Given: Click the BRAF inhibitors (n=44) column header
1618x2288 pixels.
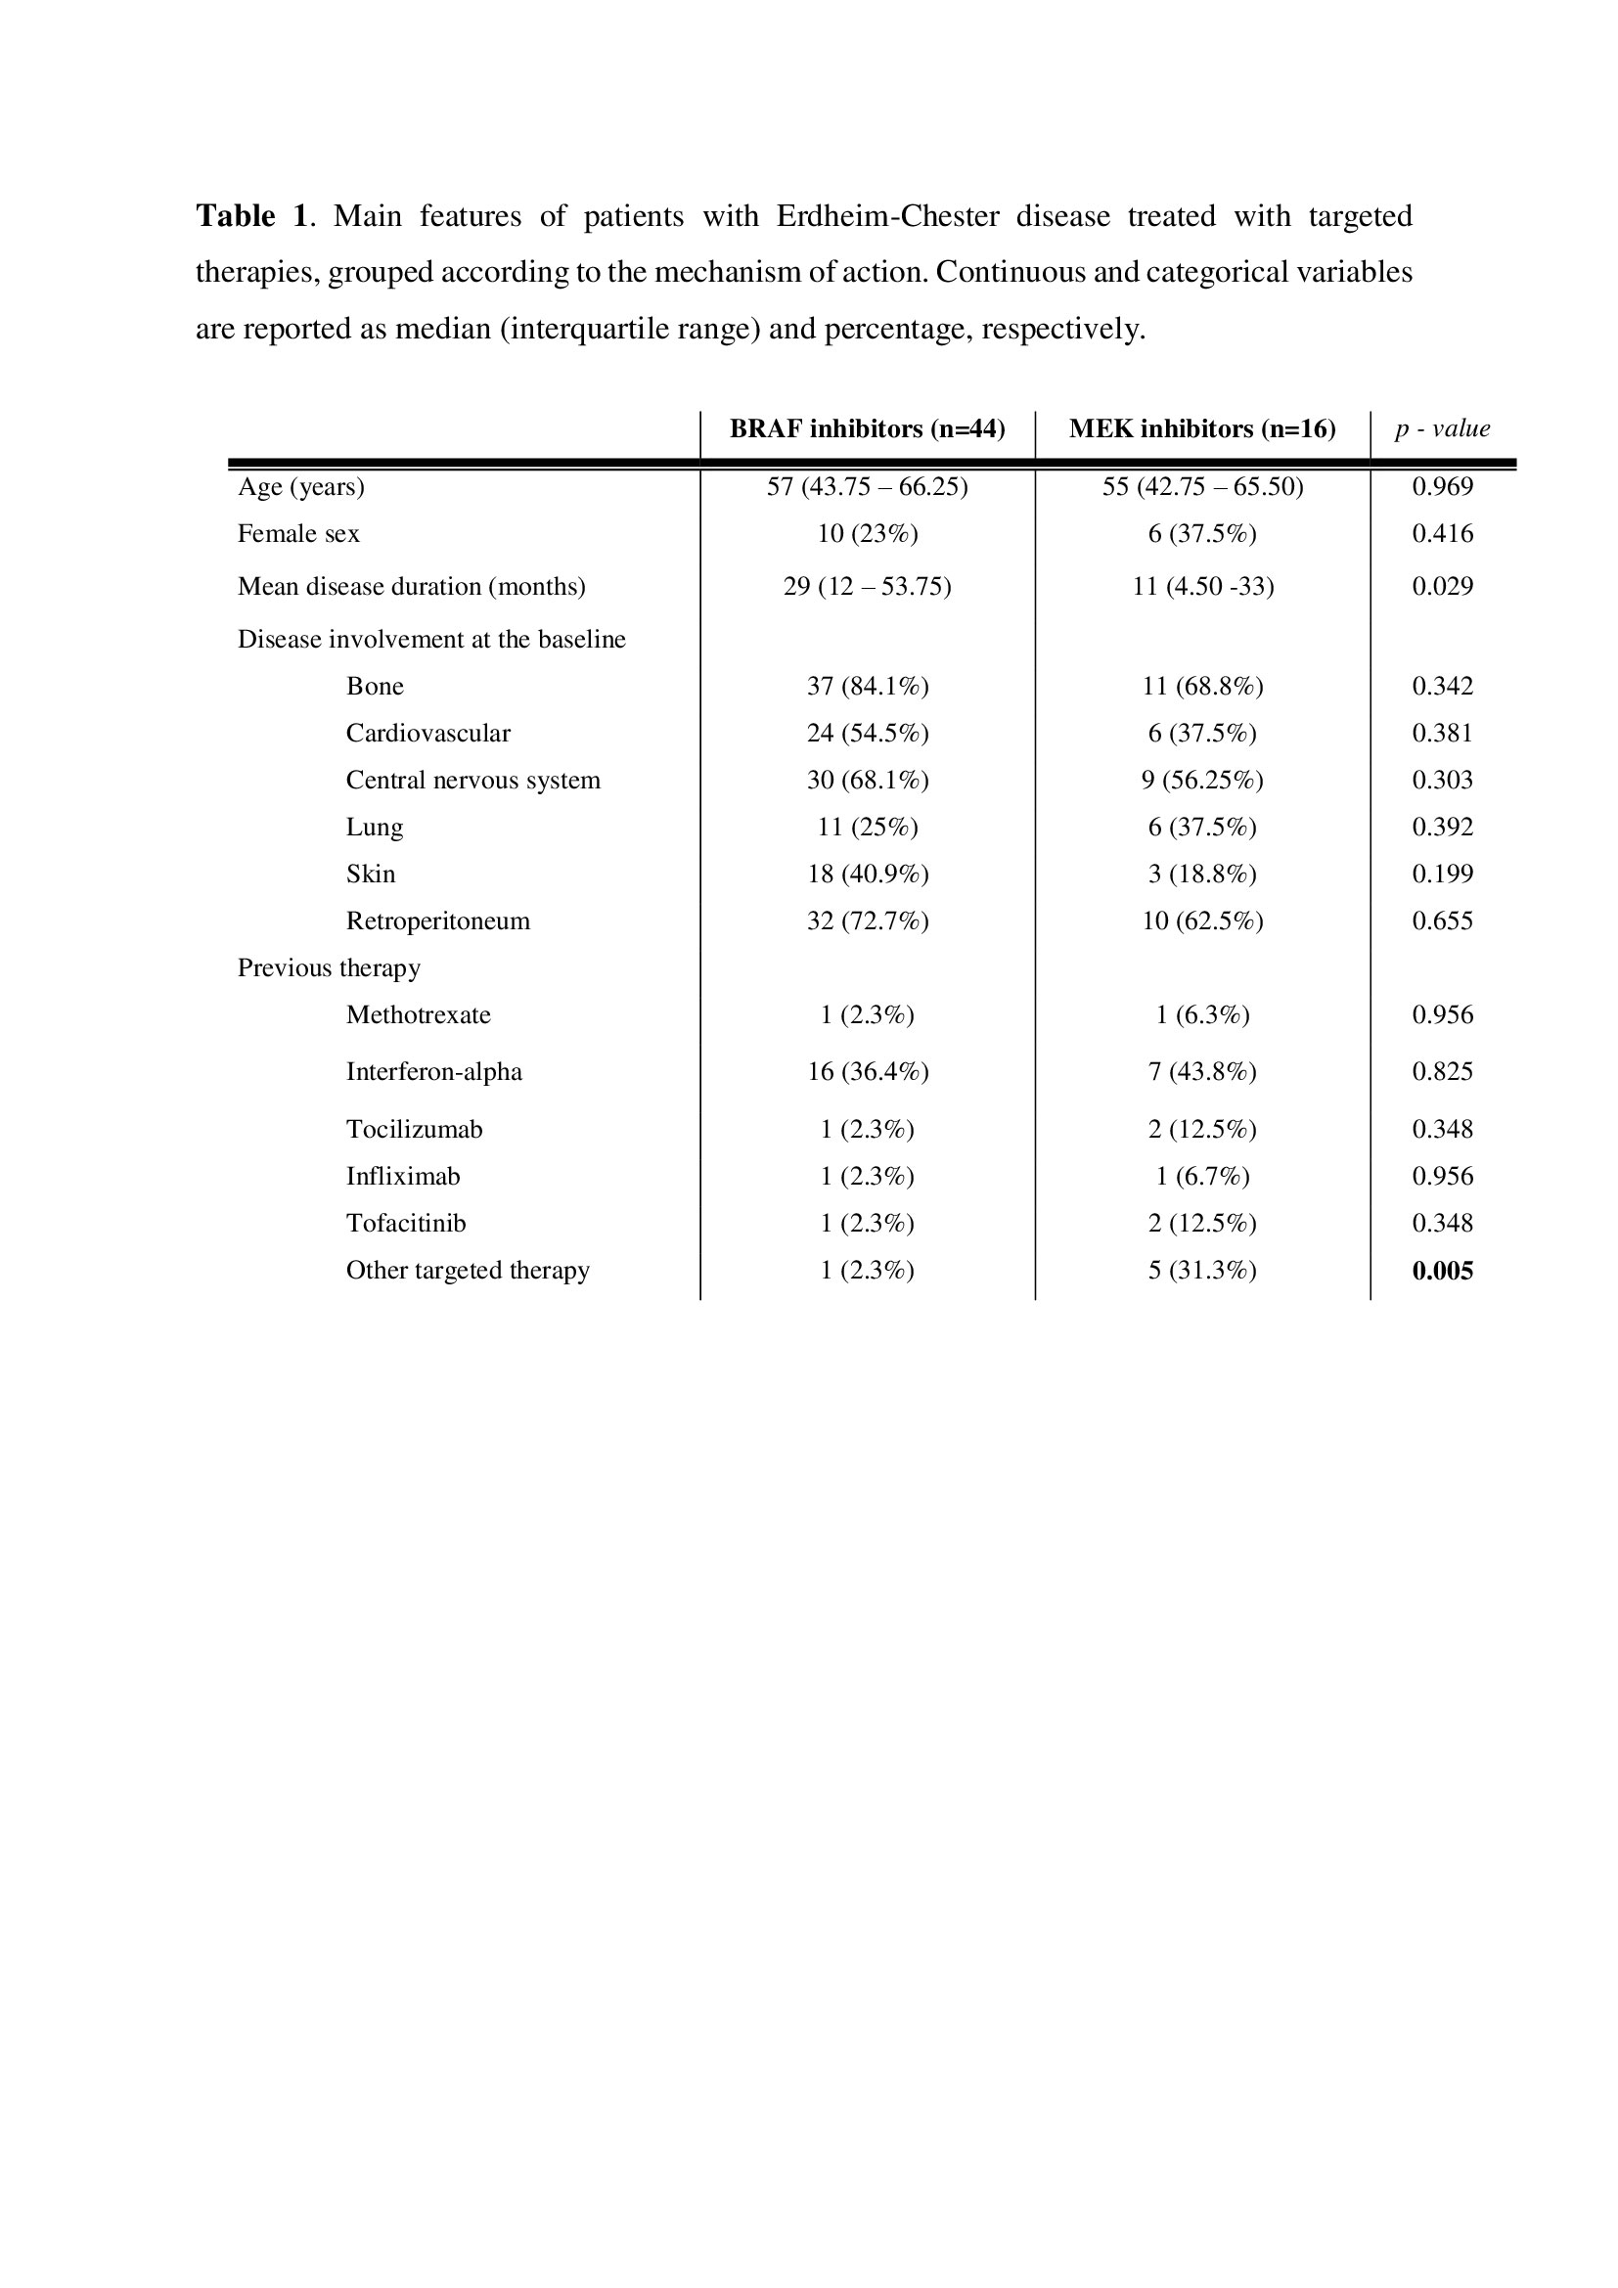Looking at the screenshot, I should click(867, 428).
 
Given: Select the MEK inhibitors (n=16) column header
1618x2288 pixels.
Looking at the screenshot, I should click(1201, 428).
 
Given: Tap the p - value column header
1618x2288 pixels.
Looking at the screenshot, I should click(1442, 428).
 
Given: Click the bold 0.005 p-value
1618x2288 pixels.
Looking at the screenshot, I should click(1442, 1271).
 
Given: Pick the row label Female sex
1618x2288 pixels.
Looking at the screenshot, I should click(298, 534).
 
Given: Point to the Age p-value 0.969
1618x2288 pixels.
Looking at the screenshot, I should click(1442, 486).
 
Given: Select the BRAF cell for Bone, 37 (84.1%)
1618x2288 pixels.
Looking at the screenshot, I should click(867, 686).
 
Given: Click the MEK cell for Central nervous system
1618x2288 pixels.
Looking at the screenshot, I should click(1201, 780).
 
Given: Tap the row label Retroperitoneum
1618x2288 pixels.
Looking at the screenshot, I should click(437, 920).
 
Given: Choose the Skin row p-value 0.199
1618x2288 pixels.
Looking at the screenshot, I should click(1442, 874).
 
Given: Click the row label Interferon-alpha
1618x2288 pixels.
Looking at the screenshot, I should click(433, 1071).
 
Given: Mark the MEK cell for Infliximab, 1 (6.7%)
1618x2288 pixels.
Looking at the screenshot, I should click(1201, 1176).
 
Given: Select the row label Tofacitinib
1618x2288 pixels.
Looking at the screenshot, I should click(406, 1223).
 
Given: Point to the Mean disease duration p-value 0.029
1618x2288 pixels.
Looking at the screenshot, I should click(1442, 586).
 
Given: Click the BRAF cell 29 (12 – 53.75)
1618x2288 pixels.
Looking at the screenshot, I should click(867, 586).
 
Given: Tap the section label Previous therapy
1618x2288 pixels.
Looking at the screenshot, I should click(329, 967).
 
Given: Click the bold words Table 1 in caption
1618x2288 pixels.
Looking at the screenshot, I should click(251, 216).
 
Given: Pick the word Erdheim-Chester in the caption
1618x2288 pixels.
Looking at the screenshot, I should click(886, 216).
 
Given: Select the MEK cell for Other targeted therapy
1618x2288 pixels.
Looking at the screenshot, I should click(1201, 1270).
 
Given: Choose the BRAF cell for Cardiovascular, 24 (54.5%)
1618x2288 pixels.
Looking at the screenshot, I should click(867, 733).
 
